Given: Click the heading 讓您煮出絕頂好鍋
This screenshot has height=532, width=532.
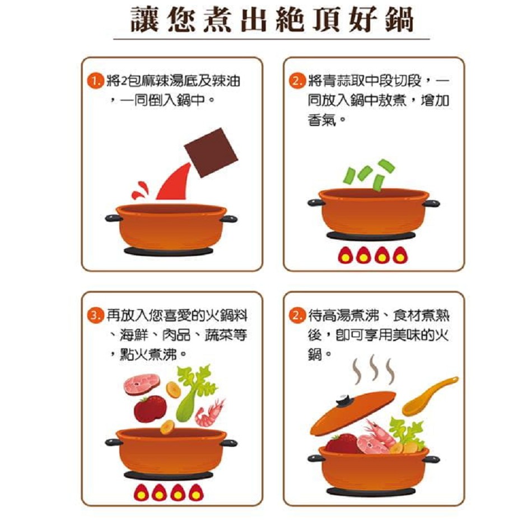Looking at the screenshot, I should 272,21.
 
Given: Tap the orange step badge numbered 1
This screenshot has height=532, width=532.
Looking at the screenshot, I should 96,82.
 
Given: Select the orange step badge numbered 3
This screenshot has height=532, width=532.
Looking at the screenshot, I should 96,315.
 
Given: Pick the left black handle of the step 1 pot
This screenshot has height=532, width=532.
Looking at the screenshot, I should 112,218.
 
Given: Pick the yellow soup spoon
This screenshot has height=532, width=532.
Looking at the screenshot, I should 429,396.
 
